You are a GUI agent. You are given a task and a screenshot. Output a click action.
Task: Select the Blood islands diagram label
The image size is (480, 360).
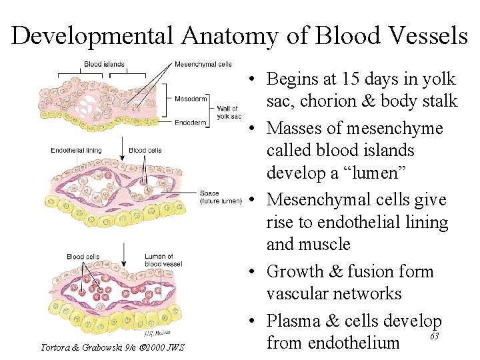(104, 65)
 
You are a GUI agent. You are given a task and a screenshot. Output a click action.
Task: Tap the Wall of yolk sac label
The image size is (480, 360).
(229, 112)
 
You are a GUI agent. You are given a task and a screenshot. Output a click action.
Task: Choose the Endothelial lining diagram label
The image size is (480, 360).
(76, 151)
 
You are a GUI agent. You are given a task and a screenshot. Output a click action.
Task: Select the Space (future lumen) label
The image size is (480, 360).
(220, 197)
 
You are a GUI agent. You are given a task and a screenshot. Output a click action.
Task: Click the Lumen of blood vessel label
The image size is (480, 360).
(159, 260)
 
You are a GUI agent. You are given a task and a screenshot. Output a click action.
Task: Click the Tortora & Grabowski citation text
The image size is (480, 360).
(112, 347)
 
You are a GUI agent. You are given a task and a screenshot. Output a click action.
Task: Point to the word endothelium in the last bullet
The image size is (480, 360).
(356, 343)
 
